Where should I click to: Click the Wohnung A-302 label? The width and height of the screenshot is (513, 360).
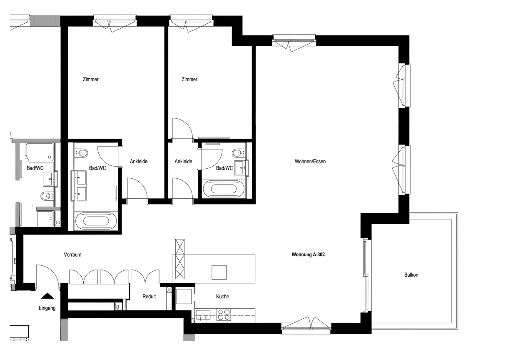[308, 255]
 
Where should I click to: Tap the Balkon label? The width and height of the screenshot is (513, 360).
[411, 275]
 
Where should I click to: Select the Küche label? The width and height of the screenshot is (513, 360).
[222, 297]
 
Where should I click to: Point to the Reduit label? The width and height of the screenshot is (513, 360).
[149, 297]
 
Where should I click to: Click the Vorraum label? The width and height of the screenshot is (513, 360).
[72, 255]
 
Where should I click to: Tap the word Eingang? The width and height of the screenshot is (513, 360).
[47, 308]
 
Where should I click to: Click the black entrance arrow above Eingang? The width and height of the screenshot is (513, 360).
[47, 296]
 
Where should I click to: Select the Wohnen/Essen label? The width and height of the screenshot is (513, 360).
[310, 161]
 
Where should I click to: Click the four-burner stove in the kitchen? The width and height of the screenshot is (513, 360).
[224, 315]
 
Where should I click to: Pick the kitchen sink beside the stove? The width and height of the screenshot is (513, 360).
[203, 315]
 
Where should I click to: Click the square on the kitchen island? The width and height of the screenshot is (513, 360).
[219, 272]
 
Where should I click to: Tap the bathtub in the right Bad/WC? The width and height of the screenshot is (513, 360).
[224, 189]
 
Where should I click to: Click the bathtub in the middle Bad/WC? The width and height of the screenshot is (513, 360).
[96, 221]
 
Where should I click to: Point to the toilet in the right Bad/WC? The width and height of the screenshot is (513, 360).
[238, 152]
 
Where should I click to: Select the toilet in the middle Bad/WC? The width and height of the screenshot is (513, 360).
[81, 153]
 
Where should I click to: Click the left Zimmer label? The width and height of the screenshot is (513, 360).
[91, 79]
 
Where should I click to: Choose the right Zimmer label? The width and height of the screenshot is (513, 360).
[189, 79]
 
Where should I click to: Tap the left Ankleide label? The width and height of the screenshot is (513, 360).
[139, 161]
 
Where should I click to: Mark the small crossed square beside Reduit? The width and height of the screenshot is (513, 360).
[169, 290]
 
